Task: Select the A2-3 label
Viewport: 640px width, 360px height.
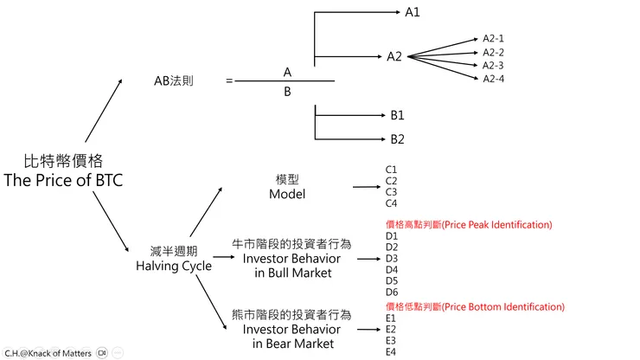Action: (493, 65)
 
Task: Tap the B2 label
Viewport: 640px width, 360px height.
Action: (397, 138)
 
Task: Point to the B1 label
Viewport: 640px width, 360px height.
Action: (397, 114)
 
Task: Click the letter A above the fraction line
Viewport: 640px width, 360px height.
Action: (287, 71)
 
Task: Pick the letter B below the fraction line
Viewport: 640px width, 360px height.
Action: (287, 91)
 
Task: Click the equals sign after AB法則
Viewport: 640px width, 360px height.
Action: (229, 81)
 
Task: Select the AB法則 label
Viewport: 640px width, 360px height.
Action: (174, 81)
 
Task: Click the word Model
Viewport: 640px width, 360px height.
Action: (287, 194)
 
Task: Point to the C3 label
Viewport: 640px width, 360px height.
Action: (391, 191)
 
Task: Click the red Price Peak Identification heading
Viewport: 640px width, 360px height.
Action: (468, 225)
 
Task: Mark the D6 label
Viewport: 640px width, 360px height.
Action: (392, 292)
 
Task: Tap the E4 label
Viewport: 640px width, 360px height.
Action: (391, 351)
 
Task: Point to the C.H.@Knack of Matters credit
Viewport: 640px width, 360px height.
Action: (48, 353)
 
